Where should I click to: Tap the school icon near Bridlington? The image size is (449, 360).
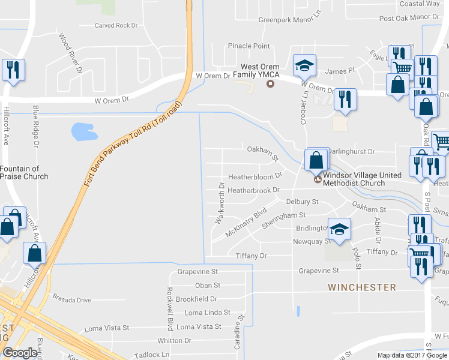pyautogui.click(x=339, y=230)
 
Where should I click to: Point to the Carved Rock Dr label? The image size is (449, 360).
pyautogui.click(x=116, y=26)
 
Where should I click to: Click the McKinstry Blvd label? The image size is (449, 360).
pyautogui.click(x=246, y=223)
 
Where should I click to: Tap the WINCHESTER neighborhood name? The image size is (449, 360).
pyautogui.click(x=362, y=287)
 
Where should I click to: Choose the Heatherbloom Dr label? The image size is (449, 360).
pyautogui.click(x=255, y=177)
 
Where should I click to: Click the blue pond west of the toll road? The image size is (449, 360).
pyautogui.click(x=83, y=130)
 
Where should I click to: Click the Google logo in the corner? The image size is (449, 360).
pyautogui.click(x=20, y=353)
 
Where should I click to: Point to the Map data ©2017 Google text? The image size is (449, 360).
pyautogui.click(x=411, y=355)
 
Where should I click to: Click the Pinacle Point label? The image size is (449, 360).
pyautogui.click(x=249, y=46)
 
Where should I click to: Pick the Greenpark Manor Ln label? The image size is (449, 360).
pyautogui.click(x=290, y=20)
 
